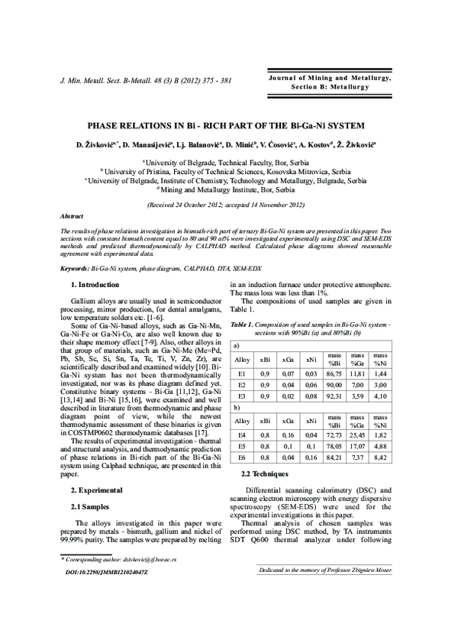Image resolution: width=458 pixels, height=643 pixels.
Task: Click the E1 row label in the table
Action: coord(242,376)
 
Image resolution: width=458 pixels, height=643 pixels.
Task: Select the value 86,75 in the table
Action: coord(334,376)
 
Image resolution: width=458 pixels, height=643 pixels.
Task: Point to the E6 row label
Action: coord(242,460)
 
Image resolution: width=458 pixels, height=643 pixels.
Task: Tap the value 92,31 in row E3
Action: coord(334,397)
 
